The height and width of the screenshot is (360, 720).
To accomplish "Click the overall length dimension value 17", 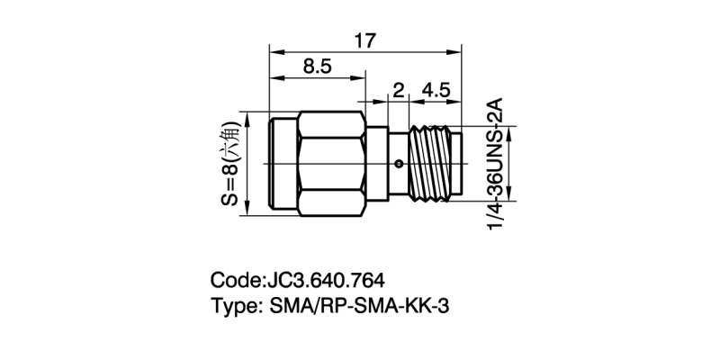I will tap(364, 41).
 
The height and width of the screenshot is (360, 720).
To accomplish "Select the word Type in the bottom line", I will tap(234, 306).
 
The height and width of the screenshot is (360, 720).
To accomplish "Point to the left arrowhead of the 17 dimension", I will tap(274, 52).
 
